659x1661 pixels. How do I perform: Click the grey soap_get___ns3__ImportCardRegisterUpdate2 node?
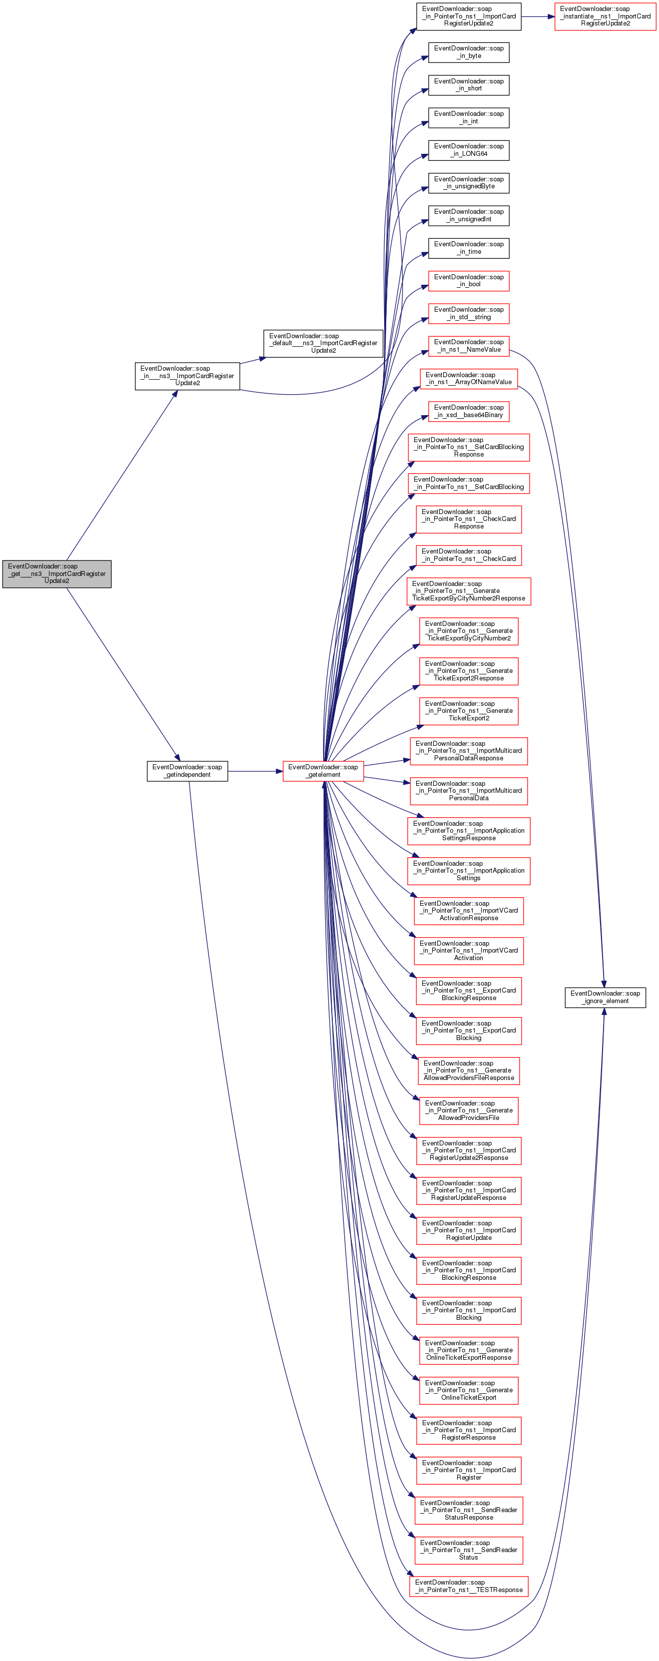pyautogui.click(x=57, y=573)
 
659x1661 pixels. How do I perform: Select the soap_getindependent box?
pyautogui.click(x=187, y=770)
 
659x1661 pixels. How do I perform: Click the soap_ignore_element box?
pyautogui.click(x=605, y=997)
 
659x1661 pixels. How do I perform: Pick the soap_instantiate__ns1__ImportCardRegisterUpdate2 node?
pyautogui.click(x=605, y=16)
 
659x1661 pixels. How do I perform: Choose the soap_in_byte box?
pyautogui.click(x=468, y=52)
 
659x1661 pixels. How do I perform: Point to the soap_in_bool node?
pyautogui.click(x=468, y=280)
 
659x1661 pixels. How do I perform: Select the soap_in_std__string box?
pyautogui.click(x=468, y=313)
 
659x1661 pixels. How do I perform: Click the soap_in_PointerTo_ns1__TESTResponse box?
pyautogui.click(x=468, y=1586)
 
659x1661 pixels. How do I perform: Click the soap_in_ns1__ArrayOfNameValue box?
pyautogui.click(x=468, y=379)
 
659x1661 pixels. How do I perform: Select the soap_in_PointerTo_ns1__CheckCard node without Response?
pyautogui.click(x=468, y=555)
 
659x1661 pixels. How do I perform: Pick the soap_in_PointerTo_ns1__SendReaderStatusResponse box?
pyautogui.click(x=468, y=1510)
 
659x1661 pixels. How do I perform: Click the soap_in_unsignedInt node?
pyautogui.click(x=468, y=215)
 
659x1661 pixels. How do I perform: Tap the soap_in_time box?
pyautogui.click(x=468, y=248)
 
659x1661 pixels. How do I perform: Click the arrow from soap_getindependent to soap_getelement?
pyautogui.click(x=255, y=770)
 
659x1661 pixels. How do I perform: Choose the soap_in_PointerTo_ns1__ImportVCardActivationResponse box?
pyautogui.click(x=468, y=911)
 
